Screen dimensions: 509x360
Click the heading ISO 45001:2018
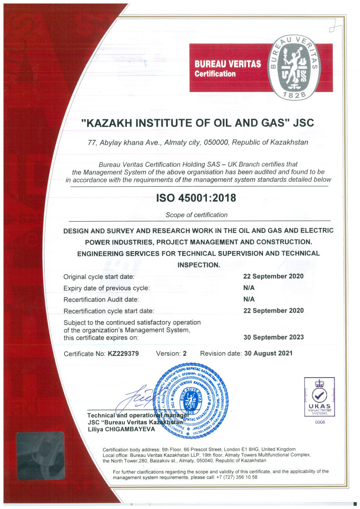point(196,198)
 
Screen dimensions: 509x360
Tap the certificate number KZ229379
point(123,353)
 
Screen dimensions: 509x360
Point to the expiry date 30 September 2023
point(273,337)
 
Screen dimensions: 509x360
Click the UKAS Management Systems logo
point(320,397)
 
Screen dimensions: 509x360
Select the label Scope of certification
point(196,215)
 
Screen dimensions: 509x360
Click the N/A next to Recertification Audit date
point(249,299)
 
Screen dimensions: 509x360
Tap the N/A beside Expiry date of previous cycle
point(249,287)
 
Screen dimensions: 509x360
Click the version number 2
point(185,353)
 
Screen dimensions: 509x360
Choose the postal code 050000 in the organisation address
point(217,142)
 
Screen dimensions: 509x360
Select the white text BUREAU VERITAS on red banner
point(228,64)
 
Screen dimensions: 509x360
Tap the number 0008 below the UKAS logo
point(320,422)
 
